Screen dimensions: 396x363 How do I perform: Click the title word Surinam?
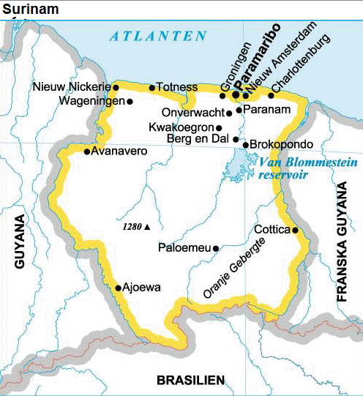31,10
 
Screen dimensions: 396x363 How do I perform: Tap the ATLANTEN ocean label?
154,35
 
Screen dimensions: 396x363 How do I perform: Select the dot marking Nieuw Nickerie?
116,87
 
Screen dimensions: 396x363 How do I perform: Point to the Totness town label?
177,88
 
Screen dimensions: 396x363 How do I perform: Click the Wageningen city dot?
130,102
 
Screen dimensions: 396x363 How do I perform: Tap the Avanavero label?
119,152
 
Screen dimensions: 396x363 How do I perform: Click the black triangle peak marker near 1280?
147,227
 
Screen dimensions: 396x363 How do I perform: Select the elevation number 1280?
132,227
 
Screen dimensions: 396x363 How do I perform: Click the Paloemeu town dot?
215,249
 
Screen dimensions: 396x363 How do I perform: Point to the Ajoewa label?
142,287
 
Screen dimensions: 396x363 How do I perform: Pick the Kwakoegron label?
180,127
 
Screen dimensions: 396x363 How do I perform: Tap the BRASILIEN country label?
190,379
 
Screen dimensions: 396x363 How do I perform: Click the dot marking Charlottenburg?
271,94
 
